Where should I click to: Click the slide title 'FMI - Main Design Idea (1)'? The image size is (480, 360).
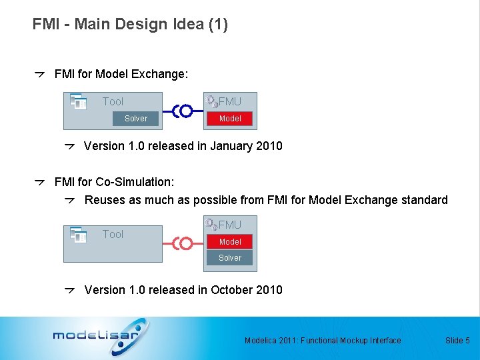click(130, 25)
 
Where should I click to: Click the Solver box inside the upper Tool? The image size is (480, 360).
click(135, 119)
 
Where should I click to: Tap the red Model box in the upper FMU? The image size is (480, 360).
click(230, 119)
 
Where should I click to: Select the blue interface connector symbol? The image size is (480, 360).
click(183, 111)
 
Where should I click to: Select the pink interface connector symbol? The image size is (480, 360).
click(183, 244)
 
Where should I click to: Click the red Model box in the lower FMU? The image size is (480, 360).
click(230, 242)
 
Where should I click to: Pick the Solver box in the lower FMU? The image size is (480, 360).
click(230, 258)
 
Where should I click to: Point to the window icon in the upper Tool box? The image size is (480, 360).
click(79, 101)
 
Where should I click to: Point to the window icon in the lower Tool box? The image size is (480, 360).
click(79, 235)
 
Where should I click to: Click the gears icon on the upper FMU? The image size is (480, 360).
click(211, 101)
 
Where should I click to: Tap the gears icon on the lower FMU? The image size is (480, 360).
click(211, 225)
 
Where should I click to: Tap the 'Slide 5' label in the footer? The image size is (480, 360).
click(457, 341)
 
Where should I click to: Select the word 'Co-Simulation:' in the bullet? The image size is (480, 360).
click(135, 182)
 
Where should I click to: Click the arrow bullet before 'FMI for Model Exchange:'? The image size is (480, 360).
click(40, 74)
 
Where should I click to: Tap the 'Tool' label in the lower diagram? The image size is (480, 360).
click(113, 235)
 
